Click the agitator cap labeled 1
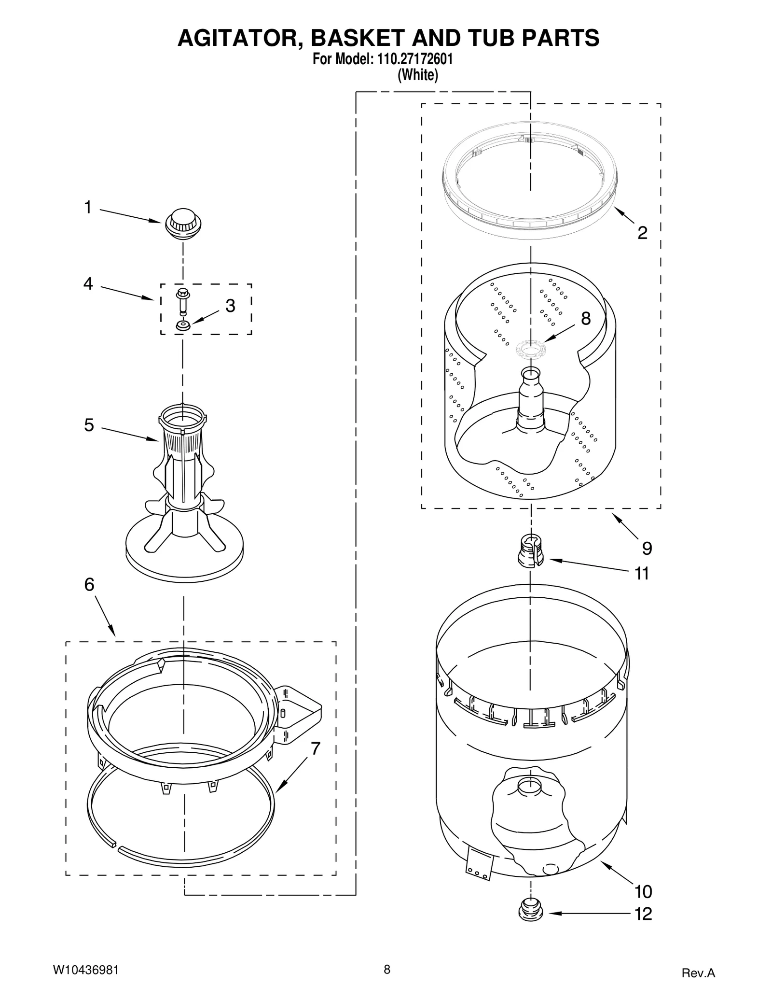coord(183,224)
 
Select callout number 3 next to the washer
coord(231,306)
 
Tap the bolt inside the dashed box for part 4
coord(183,301)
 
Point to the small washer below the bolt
coord(183,326)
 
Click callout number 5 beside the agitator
coord(89,425)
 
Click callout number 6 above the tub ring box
coord(89,585)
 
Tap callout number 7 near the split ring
coord(316,748)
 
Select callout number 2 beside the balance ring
coord(642,233)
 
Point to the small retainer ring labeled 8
coord(530,349)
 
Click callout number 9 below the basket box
coord(647,548)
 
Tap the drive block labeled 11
coord(530,552)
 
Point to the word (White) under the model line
coord(417,75)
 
